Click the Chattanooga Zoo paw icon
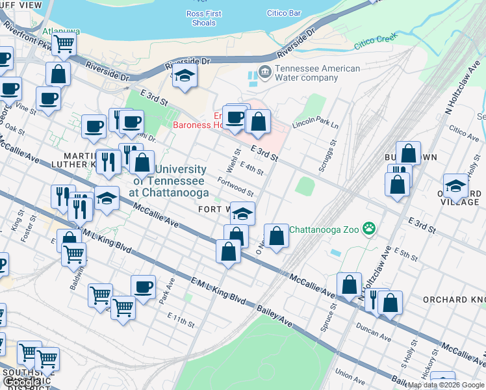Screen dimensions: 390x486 point(370,229)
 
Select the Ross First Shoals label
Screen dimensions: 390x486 point(204,18)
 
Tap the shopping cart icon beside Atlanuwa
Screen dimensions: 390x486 point(64,44)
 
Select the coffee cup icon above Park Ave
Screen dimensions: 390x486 point(143,286)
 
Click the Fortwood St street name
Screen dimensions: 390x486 point(235,187)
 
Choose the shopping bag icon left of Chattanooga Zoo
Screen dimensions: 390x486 point(276,235)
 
